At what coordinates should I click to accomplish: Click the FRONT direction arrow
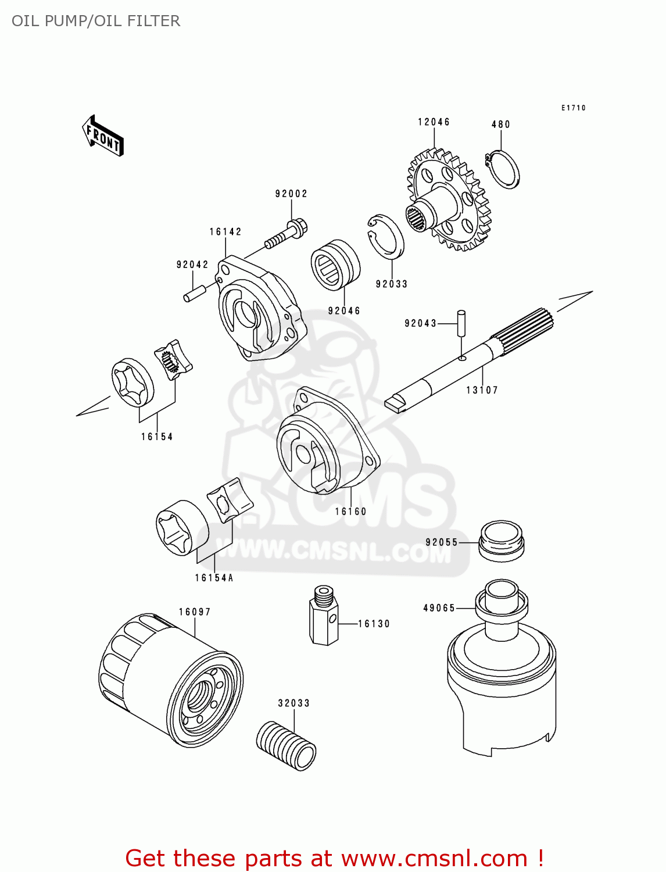click(103, 136)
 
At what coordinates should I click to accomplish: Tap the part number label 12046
click(434, 122)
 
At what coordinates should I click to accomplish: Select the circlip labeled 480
click(503, 169)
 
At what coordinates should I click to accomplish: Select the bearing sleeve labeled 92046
click(335, 265)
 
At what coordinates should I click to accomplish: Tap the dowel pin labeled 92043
click(461, 323)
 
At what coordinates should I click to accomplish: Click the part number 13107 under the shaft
click(482, 390)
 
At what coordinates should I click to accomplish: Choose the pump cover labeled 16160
click(325, 442)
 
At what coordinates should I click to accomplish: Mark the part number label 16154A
click(214, 578)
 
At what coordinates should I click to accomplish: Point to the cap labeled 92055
click(501, 541)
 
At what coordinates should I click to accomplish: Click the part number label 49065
click(439, 608)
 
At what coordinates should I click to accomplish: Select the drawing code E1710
click(573, 108)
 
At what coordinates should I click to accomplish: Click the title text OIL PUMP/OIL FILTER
click(96, 21)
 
